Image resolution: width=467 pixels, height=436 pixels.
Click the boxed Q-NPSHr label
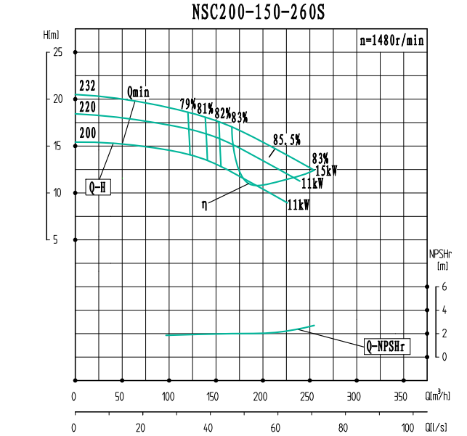pos(388,347)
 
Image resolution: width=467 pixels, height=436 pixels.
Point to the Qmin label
pos(137,91)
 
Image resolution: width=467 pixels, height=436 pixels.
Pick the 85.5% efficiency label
pos(286,139)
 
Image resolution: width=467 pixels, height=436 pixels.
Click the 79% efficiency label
pos(187,104)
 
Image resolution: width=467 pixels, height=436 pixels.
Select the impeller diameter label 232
pos(86,86)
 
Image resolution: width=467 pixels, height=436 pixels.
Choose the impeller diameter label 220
pos(86,107)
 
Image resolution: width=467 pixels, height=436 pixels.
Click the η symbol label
pos(205,205)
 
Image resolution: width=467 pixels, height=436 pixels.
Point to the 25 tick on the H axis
pos(57,52)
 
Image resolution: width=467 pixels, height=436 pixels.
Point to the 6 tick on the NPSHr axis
pos(444,287)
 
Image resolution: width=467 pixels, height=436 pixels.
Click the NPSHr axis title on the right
pos(441,260)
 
